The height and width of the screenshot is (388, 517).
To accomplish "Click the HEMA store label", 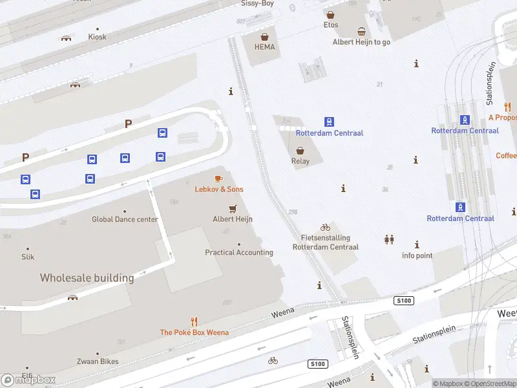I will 264,47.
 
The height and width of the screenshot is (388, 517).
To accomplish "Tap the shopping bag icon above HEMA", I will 264,36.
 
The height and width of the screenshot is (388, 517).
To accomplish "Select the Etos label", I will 331,25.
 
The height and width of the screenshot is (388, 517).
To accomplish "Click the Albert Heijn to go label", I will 361,42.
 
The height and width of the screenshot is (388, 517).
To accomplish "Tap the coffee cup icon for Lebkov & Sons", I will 218,178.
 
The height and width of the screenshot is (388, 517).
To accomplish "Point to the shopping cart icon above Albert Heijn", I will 233,208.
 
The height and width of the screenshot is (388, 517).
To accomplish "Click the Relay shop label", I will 301,162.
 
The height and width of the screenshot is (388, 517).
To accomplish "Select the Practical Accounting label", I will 239,252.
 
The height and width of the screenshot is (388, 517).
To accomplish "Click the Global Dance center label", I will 125,219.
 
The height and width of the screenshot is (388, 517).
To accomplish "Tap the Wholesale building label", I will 87,278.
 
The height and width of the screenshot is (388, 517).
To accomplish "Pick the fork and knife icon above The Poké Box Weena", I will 194,321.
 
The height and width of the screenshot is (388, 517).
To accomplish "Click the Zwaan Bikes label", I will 98,362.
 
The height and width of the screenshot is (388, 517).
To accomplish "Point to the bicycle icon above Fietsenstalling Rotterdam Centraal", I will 325,228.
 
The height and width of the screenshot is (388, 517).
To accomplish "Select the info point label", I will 417,255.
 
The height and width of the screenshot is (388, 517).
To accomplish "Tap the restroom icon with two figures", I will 389,239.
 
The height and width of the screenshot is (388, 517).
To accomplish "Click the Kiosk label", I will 97,37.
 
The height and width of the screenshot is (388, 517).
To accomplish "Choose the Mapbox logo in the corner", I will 28,380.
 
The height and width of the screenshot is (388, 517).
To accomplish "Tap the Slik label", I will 27,257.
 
